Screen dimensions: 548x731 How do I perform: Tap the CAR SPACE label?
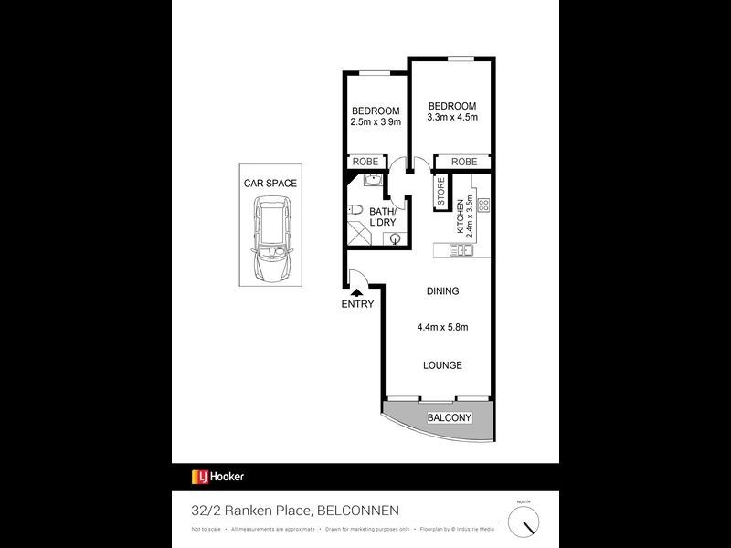pos(270,183)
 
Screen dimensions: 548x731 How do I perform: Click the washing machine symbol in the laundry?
pos(395,239)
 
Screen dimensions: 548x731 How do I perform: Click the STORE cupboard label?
pos(440,195)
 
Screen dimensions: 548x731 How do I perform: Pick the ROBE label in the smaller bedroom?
pos(365,162)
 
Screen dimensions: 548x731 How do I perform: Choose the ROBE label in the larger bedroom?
pos(463,162)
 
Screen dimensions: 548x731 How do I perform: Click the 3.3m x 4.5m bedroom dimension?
pos(452,117)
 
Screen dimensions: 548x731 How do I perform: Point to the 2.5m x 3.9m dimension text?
pos(376,121)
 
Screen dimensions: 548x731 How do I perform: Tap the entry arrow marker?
pos(357,292)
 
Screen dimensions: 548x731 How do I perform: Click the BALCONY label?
pos(450,418)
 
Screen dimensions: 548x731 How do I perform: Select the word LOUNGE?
pos(442,365)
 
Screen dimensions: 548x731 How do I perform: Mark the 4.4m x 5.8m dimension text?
pos(442,327)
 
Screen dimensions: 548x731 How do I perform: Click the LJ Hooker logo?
pos(217,476)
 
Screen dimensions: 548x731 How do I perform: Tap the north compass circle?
pos(524,522)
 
